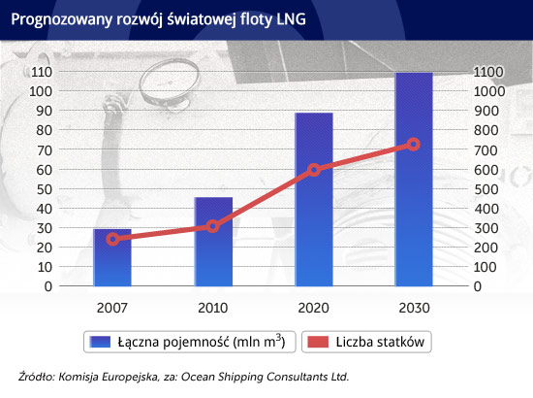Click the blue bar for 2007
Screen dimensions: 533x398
coord(112,258)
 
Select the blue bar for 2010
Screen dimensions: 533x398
coord(213,242)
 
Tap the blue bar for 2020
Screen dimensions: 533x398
coord(314,200)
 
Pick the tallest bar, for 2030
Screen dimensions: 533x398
coord(414,180)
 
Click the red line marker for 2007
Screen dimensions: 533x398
coord(112,240)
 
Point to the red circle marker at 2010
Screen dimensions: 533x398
coord(213,226)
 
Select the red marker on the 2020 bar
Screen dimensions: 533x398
coord(314,170)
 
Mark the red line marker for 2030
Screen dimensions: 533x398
coord(414,145)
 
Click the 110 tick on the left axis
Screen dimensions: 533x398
coord(41,72)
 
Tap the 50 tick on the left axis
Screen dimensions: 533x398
coord(45,189)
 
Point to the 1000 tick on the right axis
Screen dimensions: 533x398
coord(489,91)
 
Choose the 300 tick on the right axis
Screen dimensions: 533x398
coord(486,228)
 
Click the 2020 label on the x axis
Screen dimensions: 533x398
coord(313,308)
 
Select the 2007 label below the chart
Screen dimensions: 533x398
coord(112,308)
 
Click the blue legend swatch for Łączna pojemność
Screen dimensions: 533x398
coord(100,342)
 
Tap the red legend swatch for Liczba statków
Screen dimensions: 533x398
coord(318,342)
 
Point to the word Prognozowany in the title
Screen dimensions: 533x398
coord(62,19)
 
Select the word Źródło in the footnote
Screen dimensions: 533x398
coord(37,377)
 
